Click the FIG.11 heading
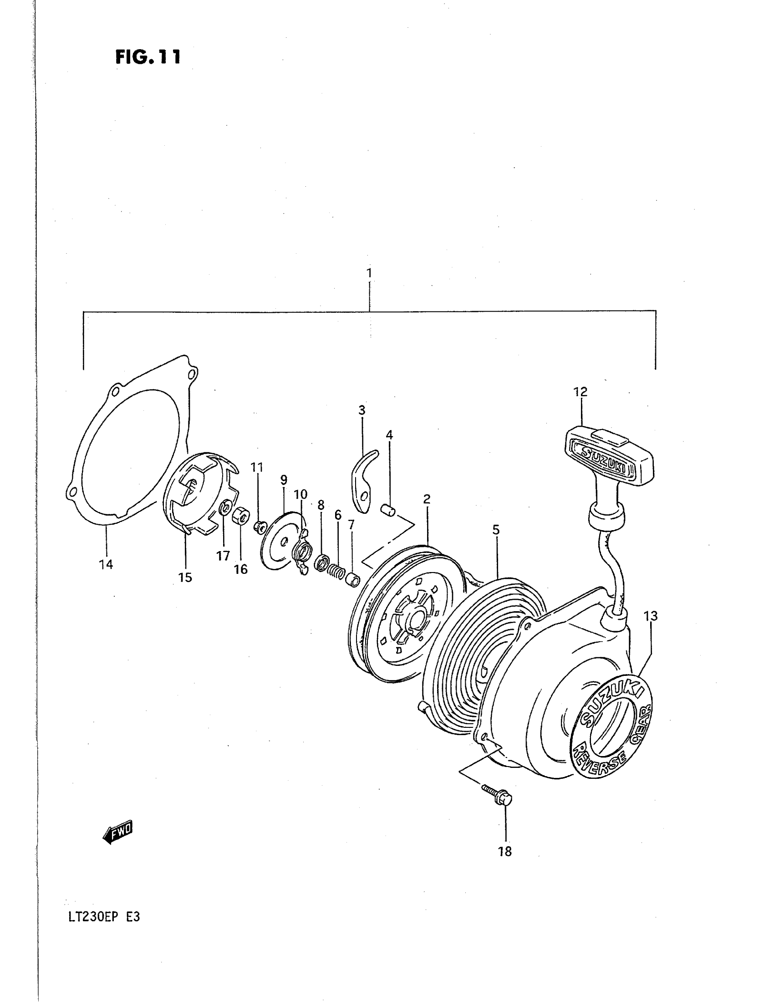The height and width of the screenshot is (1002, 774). pos(148,57)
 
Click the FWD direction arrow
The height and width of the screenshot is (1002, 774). pos(118,831)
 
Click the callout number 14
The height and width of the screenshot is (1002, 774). pos(106,564)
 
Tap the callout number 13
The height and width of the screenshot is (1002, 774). pos(651,616)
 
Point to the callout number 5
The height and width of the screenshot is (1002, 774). pos(496,530)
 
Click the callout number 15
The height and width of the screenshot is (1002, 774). pos(185,577)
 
